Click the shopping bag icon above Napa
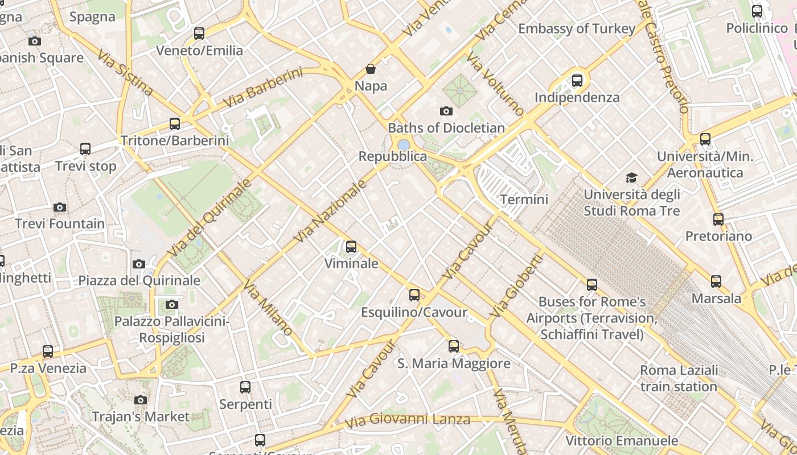(371, 69)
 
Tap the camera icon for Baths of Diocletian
(446, 111)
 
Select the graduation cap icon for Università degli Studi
(631, 178)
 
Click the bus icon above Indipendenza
(577, 81)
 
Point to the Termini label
(524, 200)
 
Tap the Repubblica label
(392, 156)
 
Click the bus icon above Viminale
(351, 247)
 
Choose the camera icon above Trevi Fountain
(60, 207)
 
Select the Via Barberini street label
(262, 88)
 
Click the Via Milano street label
(268, 308)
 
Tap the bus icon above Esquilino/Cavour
(414, 295)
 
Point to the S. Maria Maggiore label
(454, 363)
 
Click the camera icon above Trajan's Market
(141, 400)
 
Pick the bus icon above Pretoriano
(718, 219)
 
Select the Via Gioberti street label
(516, 286)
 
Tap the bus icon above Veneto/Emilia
(199, 34)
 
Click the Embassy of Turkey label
(576, 29)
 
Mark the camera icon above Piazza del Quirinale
(139, 264)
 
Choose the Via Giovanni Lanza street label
(408, 420)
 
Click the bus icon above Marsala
(716, 282)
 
